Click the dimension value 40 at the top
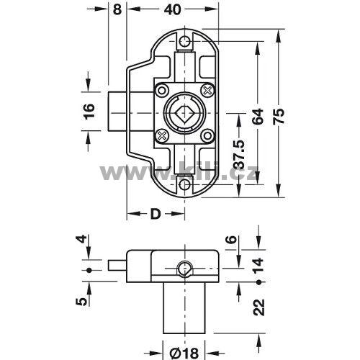(x=173, y=9)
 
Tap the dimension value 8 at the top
(x=117, y=9)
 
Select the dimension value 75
(x=279, y=117)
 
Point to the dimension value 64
(x=258, y=117)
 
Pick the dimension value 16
(x=89, y=112)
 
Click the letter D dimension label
(x=156, y=214)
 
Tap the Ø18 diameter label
(x=184, y=354)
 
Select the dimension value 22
(x=258, y=307)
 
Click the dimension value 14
(x=258, y=265)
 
